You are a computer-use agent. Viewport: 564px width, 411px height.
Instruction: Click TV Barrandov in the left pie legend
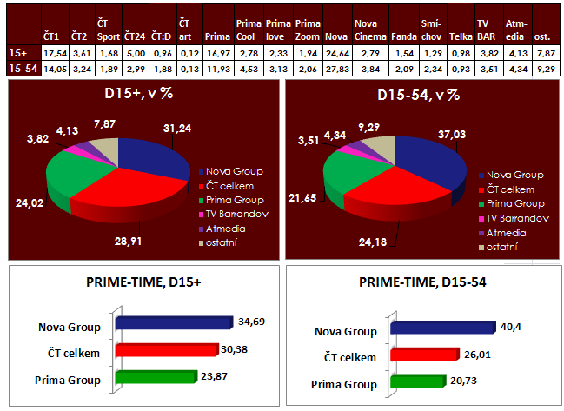236,213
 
